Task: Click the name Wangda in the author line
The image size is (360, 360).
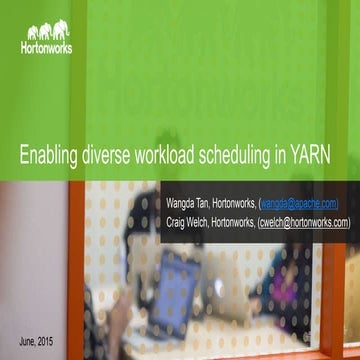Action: [x=177, y=203]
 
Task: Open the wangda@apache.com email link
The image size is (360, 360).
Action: [x=298, y=203]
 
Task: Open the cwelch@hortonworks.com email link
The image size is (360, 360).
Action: [x=303, y=222]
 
